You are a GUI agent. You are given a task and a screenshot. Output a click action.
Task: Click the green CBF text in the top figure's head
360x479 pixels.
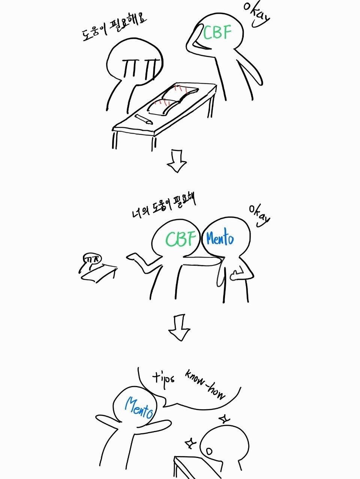click(217, 33)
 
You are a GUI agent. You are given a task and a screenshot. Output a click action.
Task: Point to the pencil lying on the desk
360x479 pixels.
click(143, 119)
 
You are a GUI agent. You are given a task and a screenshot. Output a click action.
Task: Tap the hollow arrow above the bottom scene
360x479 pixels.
click(179, 327)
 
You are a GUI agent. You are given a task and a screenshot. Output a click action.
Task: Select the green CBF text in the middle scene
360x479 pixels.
click(180, 238)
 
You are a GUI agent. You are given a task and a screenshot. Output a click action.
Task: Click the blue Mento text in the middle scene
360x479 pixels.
click(220, 238)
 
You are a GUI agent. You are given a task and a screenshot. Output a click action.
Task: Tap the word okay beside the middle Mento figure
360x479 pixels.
click(259, 216)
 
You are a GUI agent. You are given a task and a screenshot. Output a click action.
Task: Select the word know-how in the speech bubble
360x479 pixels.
click(204, 385)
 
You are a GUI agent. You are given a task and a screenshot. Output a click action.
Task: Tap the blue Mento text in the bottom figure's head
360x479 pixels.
click(139, 407)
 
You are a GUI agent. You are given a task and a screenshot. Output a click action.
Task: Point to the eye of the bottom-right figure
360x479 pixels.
click(209, 452)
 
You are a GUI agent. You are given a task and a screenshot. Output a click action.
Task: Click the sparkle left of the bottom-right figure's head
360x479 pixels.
click(190, 443)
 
